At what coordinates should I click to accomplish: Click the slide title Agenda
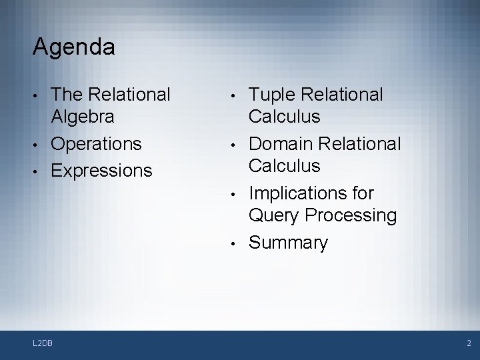click(x=73, y=47)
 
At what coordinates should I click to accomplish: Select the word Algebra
click(x=83, y=117)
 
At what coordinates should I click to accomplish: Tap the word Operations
click(x=97, y=143)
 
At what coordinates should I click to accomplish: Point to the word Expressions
click(x=101, y=171)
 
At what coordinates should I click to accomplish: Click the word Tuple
click(x=271, y=95)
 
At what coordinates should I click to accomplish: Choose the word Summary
click(x=288, y=243)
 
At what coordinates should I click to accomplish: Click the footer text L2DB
click(x=43, y=343)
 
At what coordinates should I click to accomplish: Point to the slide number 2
click(x=469, y=343)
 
